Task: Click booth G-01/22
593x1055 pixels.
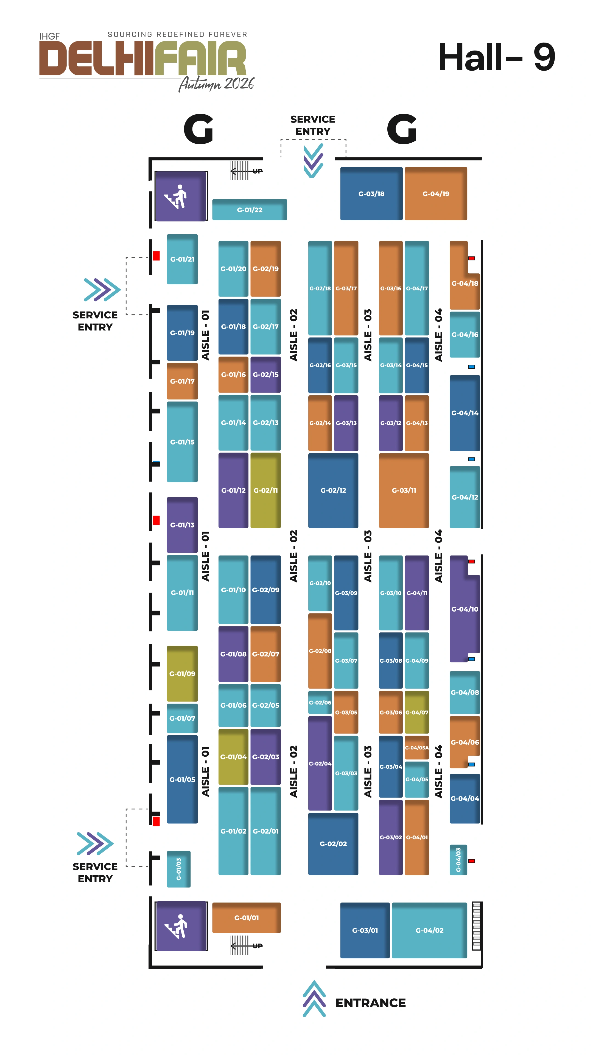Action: (249, 209)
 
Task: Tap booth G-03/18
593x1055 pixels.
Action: (371, 193)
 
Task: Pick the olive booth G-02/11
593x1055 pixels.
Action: (265, 490)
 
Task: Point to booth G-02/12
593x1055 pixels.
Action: (333, 490)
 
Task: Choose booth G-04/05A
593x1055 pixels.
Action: (417, 747)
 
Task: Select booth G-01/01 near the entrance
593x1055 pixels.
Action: (246, 917)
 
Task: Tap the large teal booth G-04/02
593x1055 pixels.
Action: (429, 930)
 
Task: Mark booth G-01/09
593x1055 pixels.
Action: (182, 673)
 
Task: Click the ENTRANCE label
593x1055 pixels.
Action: (370, 1003)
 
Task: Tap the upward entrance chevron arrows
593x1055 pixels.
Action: (314, 998)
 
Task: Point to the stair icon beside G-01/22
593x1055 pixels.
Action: (180, 196)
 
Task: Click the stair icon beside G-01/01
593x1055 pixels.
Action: (180, 926)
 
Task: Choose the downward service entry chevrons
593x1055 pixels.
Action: (314, 160)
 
